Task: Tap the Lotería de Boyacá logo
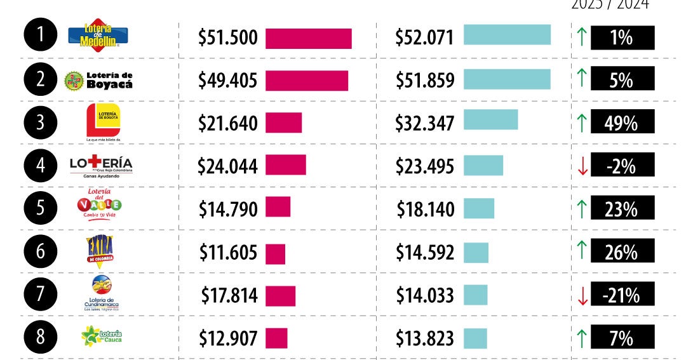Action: click(x=99, y=80)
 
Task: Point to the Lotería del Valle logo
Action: click(x=99, y=204)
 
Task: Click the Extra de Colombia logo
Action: click(x=100, y=250)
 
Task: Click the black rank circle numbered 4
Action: click(x=41, y=166)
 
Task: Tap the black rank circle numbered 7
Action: click(x=41, y=295)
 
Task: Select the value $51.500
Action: click(x=227, y=37)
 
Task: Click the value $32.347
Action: click(x=424, y=123)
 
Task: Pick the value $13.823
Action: click(x=424, y=338)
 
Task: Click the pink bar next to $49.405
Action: click(x=307, y=81)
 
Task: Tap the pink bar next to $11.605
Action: click(x=275, y=253)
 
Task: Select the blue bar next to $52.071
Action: click(x=507, y=35)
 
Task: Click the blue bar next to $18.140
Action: click(x=479, y=208)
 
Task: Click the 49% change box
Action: click(x=622, y=123)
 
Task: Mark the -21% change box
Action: click(x=622, y=295)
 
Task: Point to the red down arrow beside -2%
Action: click(x=581, y=166)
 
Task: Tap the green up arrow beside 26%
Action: click(x=581, y=252)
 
